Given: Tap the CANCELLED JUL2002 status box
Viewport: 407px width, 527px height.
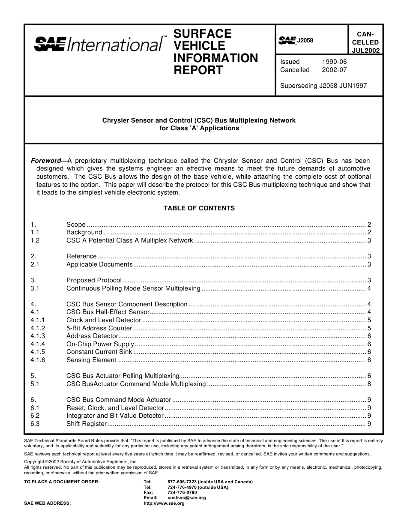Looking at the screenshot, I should coord(365,42).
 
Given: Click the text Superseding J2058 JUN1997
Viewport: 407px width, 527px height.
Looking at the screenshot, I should coord(323,85).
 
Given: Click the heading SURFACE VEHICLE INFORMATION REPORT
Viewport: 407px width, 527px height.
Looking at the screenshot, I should coord(215,52).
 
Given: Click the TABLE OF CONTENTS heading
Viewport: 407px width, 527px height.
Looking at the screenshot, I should coord(199,208).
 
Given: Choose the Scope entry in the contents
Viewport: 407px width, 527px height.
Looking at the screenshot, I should coord(76,225).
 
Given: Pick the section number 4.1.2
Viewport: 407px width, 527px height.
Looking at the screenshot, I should coord(38,328).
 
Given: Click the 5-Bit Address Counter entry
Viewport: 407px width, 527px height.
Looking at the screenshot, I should coord(99,328).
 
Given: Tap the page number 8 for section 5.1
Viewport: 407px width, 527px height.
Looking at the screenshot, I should coord(369,384).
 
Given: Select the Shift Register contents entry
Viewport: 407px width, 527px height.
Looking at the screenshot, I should coord(86,424).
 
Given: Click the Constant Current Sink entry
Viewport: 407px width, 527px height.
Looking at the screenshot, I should coord(99,352).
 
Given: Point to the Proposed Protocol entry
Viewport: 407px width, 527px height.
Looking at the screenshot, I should coord(94,280).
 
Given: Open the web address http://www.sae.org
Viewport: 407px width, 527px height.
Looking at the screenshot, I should coord(164,503).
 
